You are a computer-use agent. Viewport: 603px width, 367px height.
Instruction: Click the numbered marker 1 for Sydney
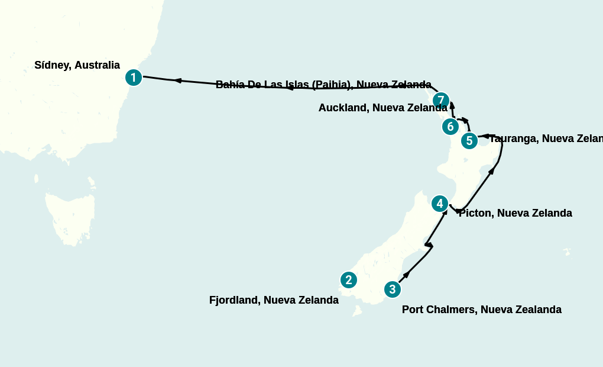134,78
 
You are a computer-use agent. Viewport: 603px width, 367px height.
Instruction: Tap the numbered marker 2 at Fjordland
349,280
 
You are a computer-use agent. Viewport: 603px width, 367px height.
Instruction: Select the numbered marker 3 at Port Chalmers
393,289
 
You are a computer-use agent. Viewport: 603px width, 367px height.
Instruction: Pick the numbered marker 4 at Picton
439,204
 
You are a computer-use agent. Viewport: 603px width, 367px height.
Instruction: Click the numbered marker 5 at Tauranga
469,141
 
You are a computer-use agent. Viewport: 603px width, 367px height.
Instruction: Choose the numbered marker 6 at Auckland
450,127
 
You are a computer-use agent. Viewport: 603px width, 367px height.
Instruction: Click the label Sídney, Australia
77,65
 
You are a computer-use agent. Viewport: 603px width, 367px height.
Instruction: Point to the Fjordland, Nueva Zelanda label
274,300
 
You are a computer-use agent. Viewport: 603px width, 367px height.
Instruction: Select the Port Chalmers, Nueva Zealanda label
481,310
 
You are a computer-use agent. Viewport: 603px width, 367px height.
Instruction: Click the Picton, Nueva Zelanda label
515,213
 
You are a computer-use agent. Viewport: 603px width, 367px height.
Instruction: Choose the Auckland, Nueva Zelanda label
382,108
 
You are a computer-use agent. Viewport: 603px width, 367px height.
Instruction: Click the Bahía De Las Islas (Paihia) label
323,85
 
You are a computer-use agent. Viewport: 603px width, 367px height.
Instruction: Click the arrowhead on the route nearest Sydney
177,81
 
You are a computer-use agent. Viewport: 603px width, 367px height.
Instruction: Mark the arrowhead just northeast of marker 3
406,275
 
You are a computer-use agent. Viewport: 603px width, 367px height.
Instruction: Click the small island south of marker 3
357,311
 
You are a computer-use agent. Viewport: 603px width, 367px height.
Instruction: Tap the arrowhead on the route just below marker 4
443,213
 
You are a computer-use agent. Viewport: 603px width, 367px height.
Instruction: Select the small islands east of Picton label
567,252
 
